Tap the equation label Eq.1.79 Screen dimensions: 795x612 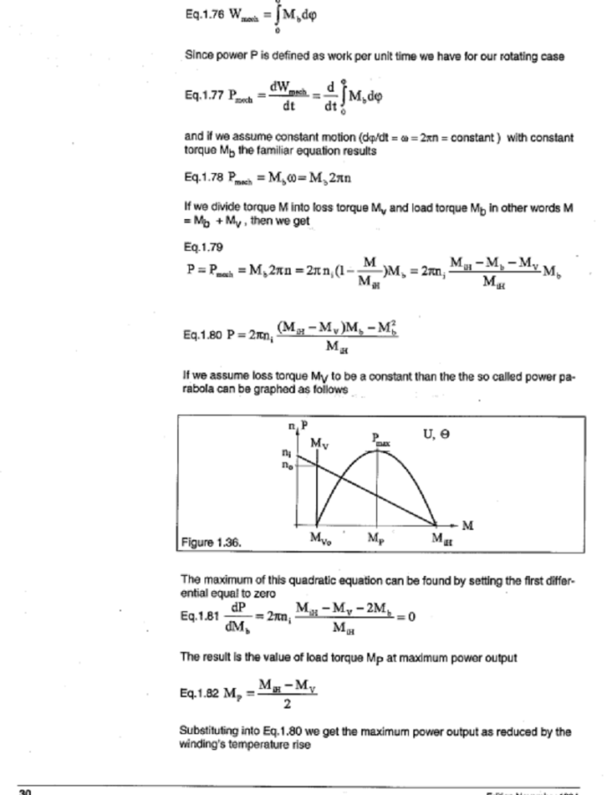199,246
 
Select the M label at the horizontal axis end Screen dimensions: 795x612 467,526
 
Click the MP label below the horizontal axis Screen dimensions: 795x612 375,538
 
